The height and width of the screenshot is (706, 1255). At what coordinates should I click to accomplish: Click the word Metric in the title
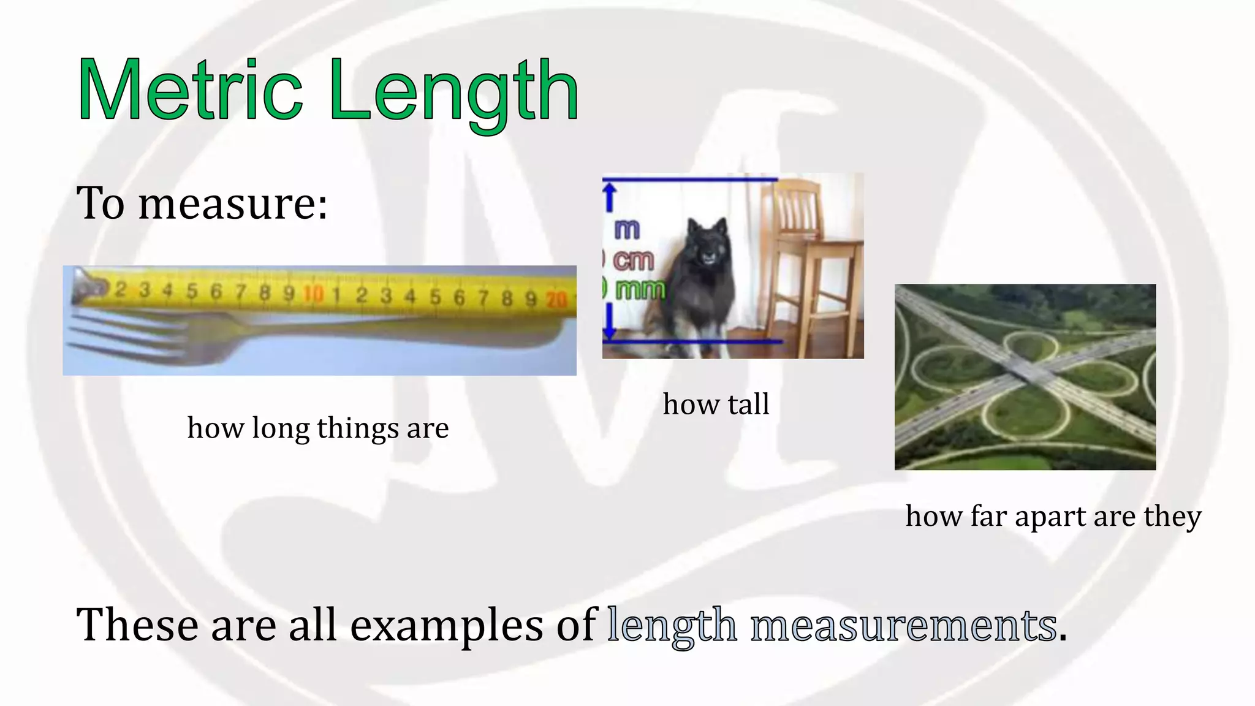coord(190,91)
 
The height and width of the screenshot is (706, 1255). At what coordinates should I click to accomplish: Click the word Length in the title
coord(453,92)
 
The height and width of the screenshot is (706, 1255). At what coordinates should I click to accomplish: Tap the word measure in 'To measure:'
coord(233,204)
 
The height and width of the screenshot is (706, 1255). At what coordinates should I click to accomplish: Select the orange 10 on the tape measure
coord(313,294)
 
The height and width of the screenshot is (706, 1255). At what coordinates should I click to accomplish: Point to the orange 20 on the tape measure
coord(556,299)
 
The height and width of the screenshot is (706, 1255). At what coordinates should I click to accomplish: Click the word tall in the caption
coord(749,404)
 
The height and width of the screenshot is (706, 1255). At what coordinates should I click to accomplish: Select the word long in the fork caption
coord(281,428)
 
